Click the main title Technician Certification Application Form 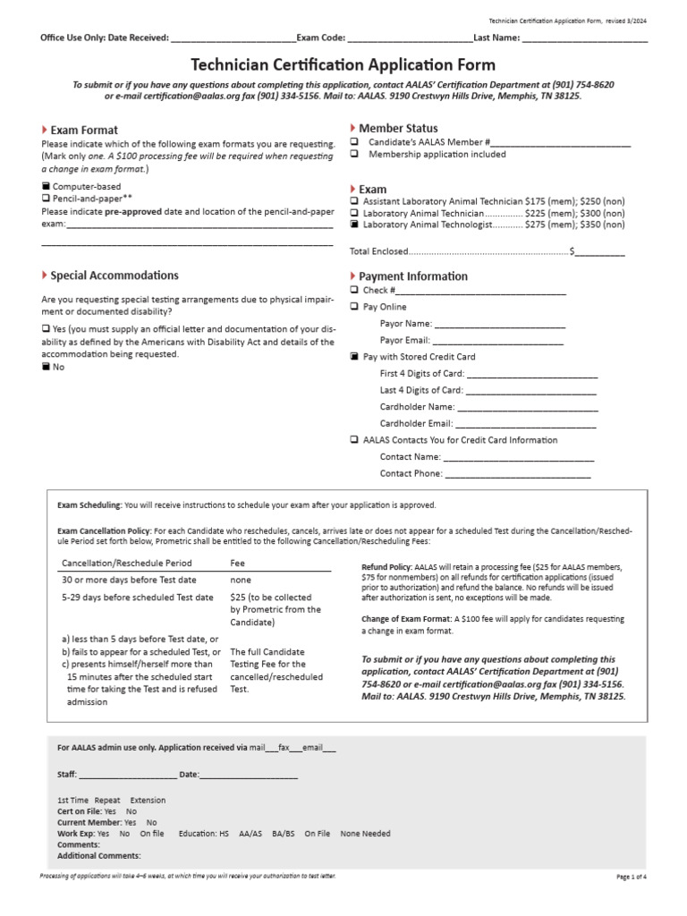pyautogui.click(x=343, y=65)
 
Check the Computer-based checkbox pyautogui.click(x=47, y=186)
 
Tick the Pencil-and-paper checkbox pyautogui.click(x=47, y=199)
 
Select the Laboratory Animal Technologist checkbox pyautogui.click(x=354, y=225)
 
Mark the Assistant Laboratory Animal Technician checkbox pyautogui.click(x=354, y=201)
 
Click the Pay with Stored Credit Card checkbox pyautogui.click(x=354, y=356)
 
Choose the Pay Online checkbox pyautogui.click(x=354, y=307)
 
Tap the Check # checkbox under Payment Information pyautogui.click(x=354, y=290)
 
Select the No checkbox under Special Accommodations pyautogui.click(x=47, y=367)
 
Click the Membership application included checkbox pyautogui.click(x=354, y=154)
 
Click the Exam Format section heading pyautogui.click(x=84, y=130)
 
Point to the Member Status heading pyautogui.click(x=398, y=129)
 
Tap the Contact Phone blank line pyautogui.click(x=518, y=473)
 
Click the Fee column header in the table pyautogui.click(x=238, y=564)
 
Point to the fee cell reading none pyautogui.click(x=241, y=581)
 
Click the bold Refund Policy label pyautogui.click(x=386, y=567)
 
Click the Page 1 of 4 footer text pyautogui.click(x=631, y=877)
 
